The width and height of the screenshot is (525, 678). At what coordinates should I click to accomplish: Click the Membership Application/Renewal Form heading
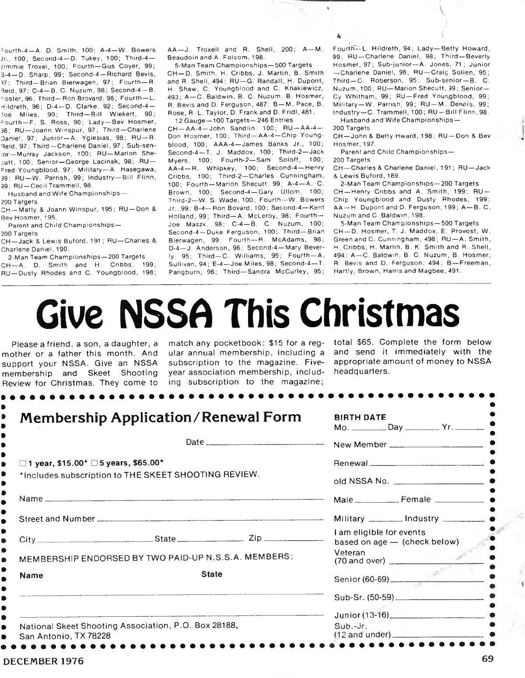[160, 417]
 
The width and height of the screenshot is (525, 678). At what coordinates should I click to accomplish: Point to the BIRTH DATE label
[360, 417]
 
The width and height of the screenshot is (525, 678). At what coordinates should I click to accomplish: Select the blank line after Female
[459, 502]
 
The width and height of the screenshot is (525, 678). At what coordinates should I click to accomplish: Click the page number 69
[488, 659]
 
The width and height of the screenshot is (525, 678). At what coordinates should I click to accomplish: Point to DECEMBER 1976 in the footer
[43, 661]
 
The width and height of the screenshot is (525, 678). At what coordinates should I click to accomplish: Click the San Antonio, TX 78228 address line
[65, 636]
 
